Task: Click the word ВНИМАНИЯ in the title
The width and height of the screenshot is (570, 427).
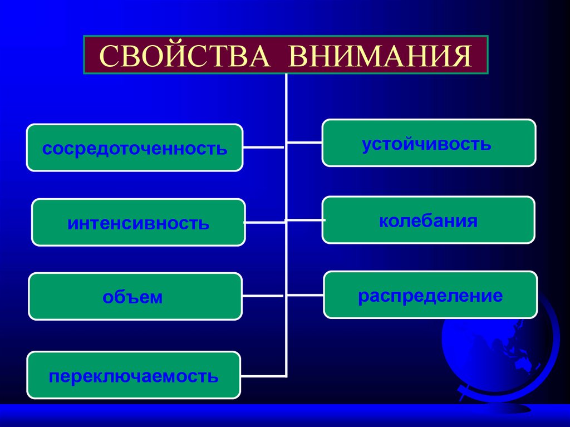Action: (380, 56)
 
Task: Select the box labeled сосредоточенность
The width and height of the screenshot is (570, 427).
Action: (135, 148)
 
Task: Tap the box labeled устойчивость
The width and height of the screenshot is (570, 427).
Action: (429, 143)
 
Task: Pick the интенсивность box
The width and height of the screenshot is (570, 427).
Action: (138, 223)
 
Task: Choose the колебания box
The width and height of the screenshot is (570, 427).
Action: (429, 220)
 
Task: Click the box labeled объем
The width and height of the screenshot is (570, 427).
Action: (135, 297)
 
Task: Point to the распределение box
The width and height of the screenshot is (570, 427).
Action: (430, 295)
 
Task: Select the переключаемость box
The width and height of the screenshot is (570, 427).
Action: (134, 375)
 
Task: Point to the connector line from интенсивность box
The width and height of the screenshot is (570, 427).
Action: (264, 222)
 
